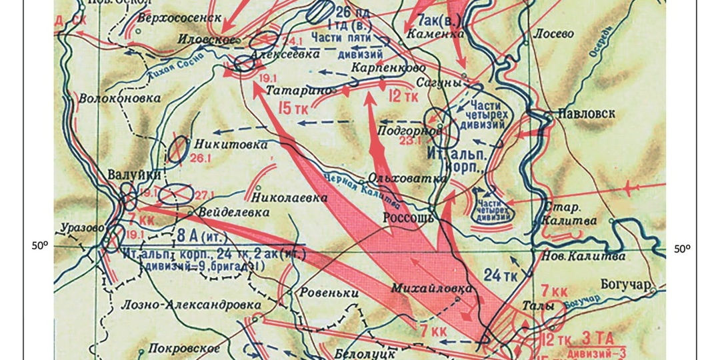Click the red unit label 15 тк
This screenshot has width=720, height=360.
(x=294, y=108)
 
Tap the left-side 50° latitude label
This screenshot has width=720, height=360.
(x=40, y=245)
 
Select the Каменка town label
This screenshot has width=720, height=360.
(x=435, y=33)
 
